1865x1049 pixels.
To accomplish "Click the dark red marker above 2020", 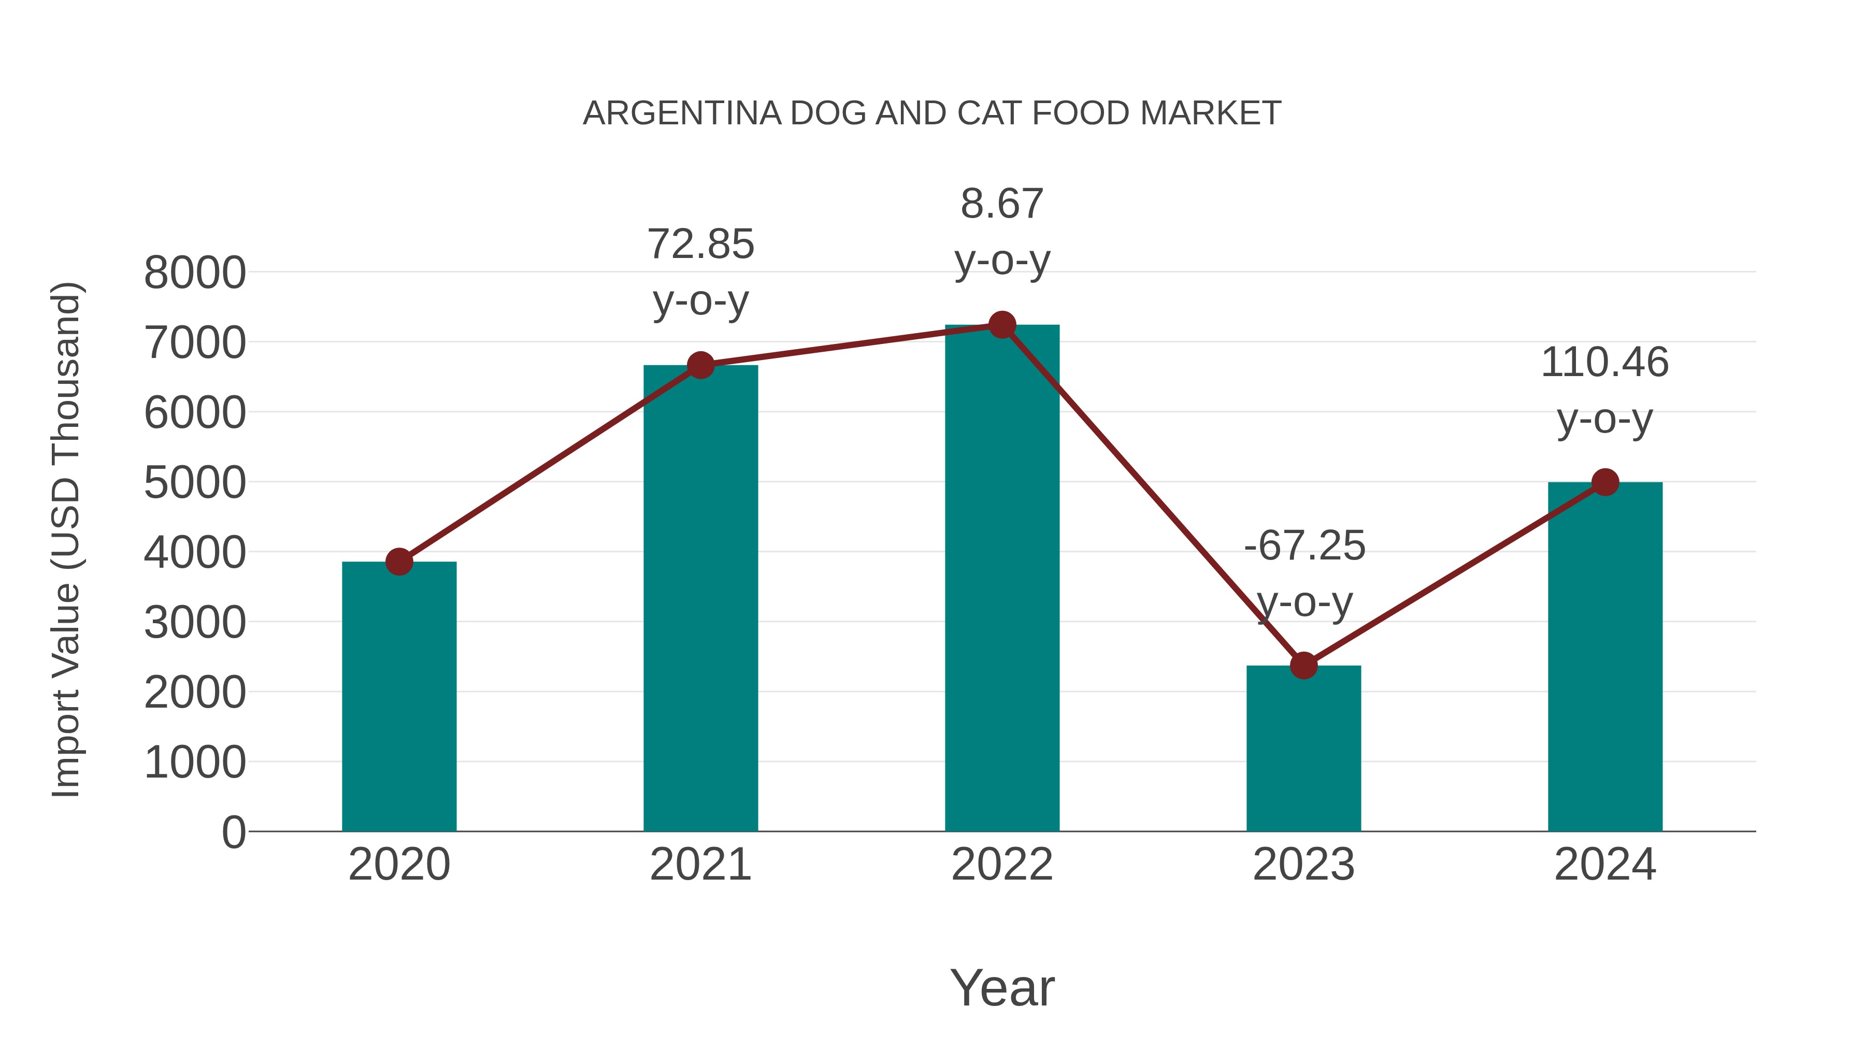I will click(399, 561).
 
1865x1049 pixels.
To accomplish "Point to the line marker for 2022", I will click(1002, 325).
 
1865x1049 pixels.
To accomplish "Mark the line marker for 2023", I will click(1303, 665).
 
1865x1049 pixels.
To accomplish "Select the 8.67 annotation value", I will click(1002, 204).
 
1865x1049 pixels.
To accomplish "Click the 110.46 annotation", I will click(1604, 362).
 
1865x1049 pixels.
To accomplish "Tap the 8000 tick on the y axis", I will click(195, 273).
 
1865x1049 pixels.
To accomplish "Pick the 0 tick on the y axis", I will click(233, 832).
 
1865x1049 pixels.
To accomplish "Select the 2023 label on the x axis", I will click(1303, 865).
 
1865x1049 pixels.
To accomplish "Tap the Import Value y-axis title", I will click(67, 539).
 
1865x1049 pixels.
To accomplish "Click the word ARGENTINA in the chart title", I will click(682, 113).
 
